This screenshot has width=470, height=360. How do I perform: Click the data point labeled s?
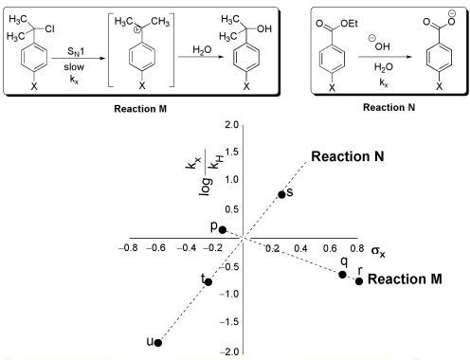point(281,194)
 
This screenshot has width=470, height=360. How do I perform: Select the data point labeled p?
point(223,230)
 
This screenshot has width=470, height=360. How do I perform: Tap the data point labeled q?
point(342,275)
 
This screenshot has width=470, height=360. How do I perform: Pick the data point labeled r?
point(359,280)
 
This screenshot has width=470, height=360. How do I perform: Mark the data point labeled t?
point(208,282)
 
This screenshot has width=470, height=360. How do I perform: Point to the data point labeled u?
point(158,343)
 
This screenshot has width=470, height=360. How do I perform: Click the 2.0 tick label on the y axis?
point(231,125)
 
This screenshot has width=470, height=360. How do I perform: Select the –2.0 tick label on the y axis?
point(229,351)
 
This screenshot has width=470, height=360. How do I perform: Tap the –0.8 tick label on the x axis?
point(128,248)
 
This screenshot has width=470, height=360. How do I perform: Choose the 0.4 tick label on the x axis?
point(300,248)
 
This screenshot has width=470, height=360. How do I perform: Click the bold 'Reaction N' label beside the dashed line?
point(348,156)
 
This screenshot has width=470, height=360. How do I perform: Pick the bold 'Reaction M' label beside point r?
point(405,279)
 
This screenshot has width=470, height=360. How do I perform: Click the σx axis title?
point(378,251)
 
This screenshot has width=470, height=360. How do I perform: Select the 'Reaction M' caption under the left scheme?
point(140,109)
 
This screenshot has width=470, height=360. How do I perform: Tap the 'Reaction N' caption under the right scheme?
point(389,107)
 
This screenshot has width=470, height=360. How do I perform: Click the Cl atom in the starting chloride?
point(49,29)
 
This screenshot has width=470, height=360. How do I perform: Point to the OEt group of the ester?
point(349,23)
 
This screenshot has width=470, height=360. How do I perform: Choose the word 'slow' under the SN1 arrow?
point(74,67)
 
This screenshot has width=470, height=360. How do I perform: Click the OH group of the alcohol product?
point(264,28)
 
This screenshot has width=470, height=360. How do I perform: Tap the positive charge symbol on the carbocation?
point(136,30)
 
